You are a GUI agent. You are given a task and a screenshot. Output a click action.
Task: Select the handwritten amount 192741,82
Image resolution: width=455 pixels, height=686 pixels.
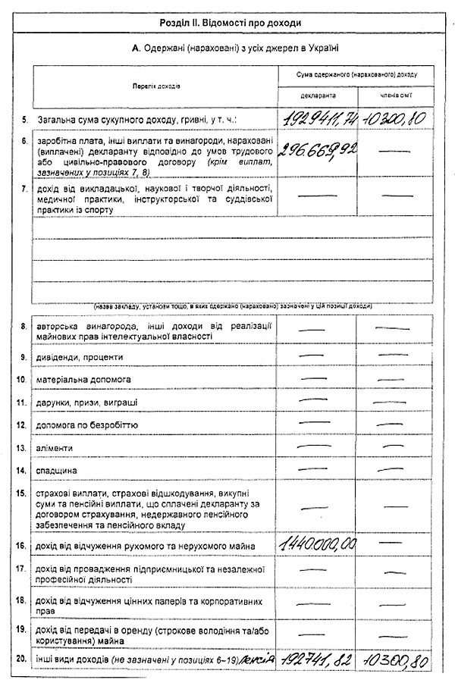[317, 661]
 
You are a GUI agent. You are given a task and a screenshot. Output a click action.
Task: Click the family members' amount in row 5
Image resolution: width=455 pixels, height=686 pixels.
[395, 118]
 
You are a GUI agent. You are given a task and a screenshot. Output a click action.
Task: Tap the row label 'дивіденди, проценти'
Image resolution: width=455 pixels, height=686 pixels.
[80, 357]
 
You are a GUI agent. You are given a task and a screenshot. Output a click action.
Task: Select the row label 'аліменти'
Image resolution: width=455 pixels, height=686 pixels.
[54, 448]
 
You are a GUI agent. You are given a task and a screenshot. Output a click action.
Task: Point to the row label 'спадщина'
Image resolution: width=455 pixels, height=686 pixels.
[57, 471]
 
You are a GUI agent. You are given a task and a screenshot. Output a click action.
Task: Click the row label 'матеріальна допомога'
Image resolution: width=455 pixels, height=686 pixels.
[83, 379]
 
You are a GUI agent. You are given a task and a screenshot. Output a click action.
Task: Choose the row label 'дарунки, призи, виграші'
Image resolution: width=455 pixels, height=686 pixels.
[86, 402]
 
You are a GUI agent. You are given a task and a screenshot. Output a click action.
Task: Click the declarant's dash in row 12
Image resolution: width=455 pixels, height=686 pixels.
[316, 423]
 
